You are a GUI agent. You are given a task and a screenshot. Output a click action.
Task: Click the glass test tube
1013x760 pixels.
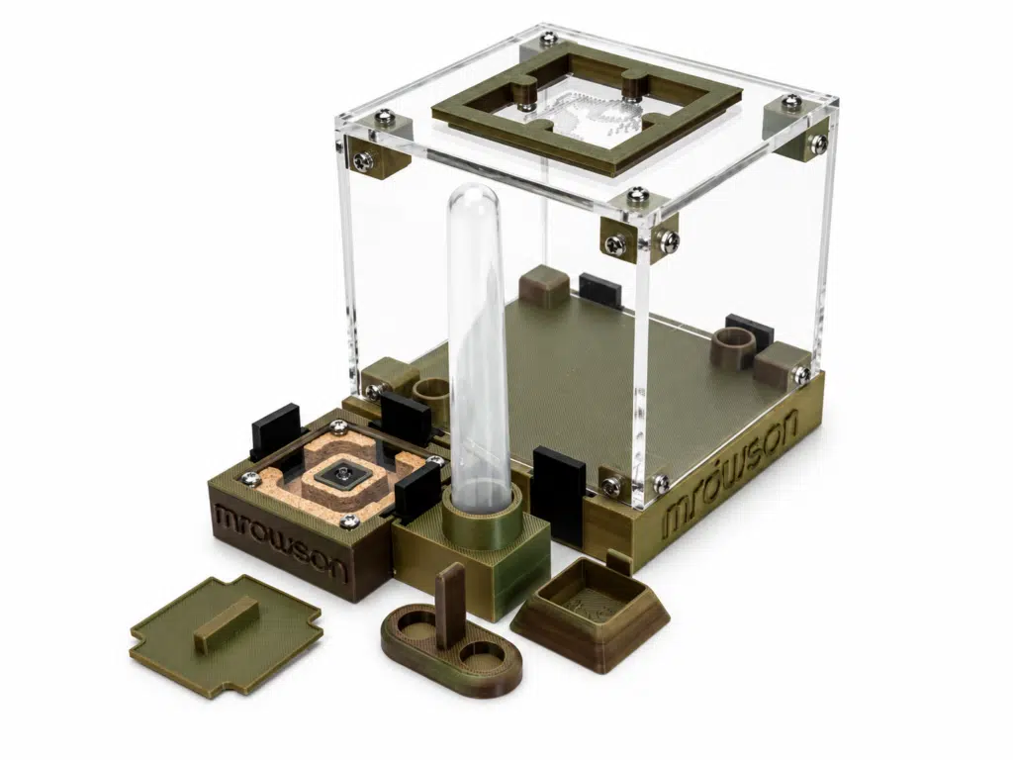pyautogui.click(x=479, y=349)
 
